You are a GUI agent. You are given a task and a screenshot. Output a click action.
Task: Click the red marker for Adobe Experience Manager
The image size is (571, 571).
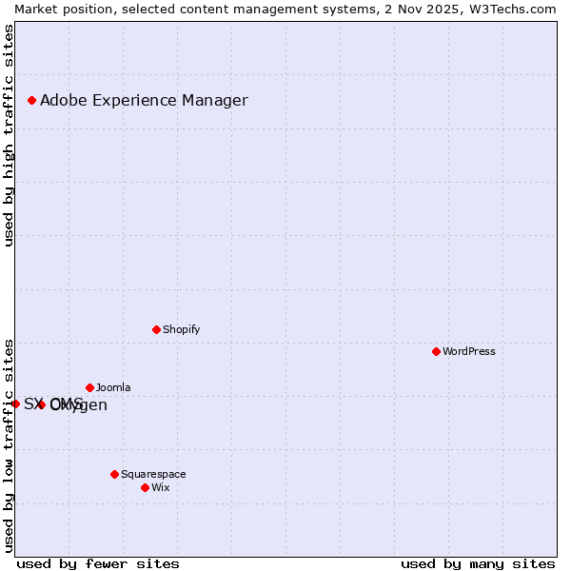tap(31, 100)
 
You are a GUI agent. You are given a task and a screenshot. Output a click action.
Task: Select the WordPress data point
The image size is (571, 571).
tap(436, 351)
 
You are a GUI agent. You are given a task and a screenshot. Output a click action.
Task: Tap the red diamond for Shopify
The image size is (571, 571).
tap(156, 329)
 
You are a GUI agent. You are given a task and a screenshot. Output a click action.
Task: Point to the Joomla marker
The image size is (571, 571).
tap(89, 387)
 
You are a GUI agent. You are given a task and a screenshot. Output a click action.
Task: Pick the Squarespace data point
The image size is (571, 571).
tap(114, 474)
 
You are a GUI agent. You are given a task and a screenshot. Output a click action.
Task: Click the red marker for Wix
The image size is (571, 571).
tap(145, 487)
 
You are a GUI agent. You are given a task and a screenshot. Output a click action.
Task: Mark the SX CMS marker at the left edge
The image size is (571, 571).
tap(15, 404)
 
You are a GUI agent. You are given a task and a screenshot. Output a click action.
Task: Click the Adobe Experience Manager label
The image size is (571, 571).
tap(144, 100)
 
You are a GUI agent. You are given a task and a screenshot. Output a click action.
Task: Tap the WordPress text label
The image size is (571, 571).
tap(469, 351)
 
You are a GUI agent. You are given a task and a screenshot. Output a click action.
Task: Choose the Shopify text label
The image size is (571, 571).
tap(182, 329)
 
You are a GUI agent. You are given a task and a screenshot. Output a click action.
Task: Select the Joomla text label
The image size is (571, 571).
tap(113, 387)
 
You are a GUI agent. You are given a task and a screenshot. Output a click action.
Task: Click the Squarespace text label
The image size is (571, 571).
tap(153, 474)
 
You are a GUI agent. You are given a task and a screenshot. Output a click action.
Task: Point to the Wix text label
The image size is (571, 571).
tap(161, 487)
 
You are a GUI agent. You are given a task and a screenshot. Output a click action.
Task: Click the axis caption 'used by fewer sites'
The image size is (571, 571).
tap(98, 563)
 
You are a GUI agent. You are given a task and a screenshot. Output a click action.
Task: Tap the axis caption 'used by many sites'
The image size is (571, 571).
tap(478, 563)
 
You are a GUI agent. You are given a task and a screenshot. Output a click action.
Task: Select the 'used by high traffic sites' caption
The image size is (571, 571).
tap(9, 135)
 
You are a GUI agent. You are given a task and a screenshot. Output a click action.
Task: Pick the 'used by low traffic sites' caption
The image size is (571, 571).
tap(9, 444)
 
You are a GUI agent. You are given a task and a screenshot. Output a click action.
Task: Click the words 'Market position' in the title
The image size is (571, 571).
tap(59, 9)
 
